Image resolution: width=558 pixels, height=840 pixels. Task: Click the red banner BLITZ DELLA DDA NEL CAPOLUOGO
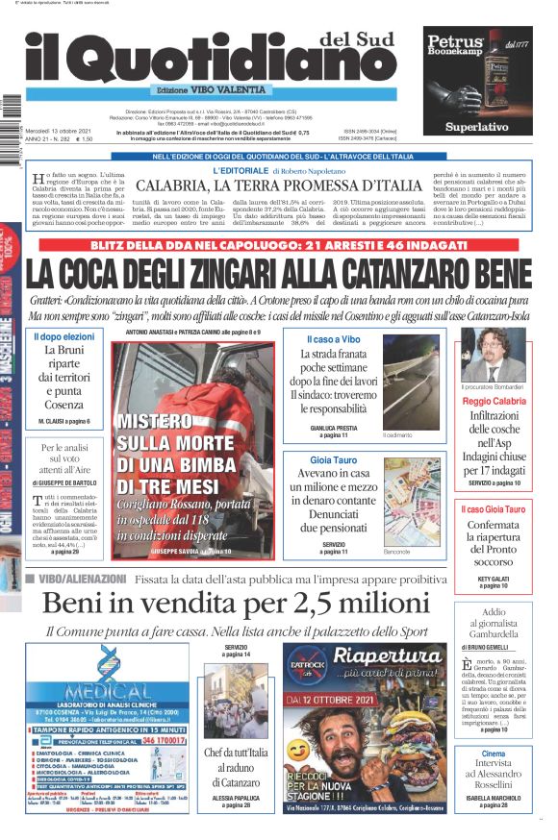pyautogui.click(x=279, y=246)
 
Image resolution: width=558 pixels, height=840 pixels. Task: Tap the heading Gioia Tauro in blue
pyautogui.click(x=333, y=460)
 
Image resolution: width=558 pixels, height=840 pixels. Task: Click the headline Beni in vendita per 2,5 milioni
pyautogui.click(x=236, y=604)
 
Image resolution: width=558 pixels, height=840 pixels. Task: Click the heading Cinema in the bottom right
pyautogui.click(x=493, y=754)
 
